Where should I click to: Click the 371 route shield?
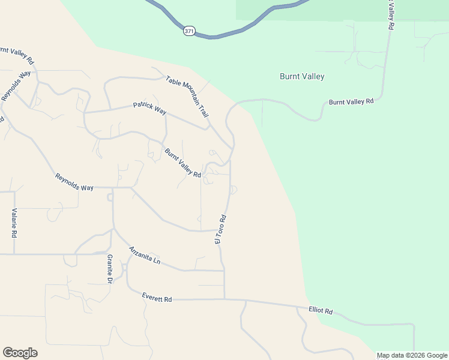[x=188, y=31]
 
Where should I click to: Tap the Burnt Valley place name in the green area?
[x=302, y=77]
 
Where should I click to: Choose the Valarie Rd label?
[x=13, y=223]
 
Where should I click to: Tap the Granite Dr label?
[x=110, y=268]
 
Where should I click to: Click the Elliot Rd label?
[x=321, y=311]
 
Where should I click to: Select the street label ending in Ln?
[x=145, y=256]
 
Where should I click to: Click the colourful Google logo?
[x=20, y=353]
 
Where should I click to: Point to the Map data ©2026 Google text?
[x=412, y=355]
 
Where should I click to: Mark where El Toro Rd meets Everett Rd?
[x=224, y=299]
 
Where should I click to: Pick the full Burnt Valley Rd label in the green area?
[x=351, y=102]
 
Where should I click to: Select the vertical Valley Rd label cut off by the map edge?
[x=390, y=15]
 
